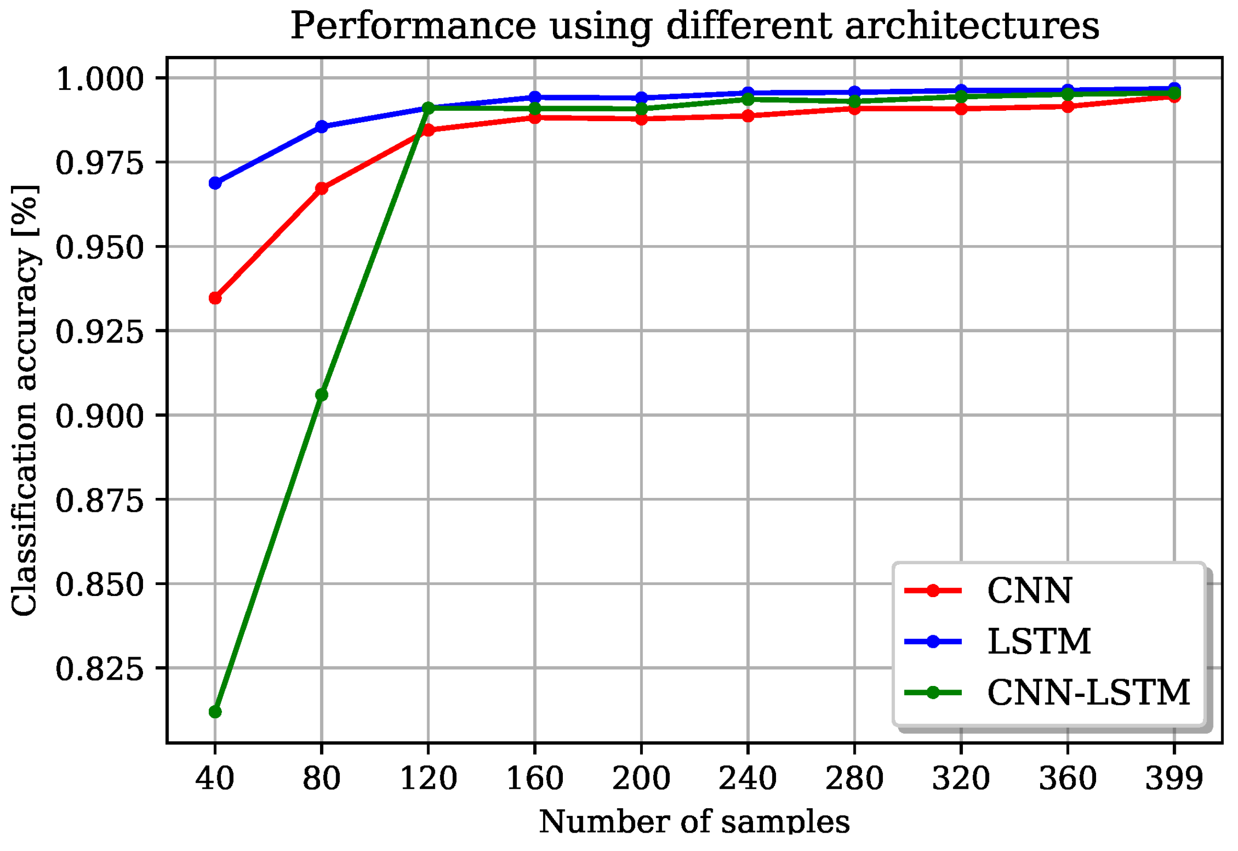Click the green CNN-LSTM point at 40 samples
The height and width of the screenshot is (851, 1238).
pyautogui.click(x=215, y=712)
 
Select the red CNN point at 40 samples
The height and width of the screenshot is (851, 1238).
pyautogui.click(x=215, y=298)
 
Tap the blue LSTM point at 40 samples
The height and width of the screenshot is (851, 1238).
pyautogui.click(x=215, y=183)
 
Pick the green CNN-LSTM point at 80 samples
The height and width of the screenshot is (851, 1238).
pyautogui.click(x=321, y=394)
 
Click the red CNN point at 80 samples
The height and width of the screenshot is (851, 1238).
pyautogui.click(x=321, y=188)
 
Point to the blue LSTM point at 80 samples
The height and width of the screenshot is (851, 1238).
pyautogui.click(x=321, y=126)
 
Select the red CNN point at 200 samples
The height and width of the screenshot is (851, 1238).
pyautogui.click(x=641, y=119)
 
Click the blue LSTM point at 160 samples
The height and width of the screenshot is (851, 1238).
pyautogui.click(x=535, y=97)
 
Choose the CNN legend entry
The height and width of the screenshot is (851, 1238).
pyautogui.click(x=1029, y=591)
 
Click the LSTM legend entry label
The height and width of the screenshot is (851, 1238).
pyautogui.click(x=1039, y=641)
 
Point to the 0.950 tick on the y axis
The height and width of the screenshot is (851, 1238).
pyautogui.click(x=100, y=247)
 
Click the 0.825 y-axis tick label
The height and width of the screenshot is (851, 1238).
pyautogui.click(x=100, y=668)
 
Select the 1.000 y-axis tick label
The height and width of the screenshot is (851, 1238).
pyautogui.click(x=100, y=79)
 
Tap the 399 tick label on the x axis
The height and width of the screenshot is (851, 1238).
pyautogui.click(x=1174, y=778)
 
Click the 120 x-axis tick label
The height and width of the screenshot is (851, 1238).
pyautogui.click(x=428, y=778)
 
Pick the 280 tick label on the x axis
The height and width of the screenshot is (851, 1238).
pyautogui.click(x=854, y=778)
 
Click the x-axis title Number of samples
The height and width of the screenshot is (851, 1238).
pyautogui.click(x=694, y=822)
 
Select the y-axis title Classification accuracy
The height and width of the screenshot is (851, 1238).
pyautogui.click(x=25, y=400)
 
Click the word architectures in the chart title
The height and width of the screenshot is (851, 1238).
pyautogui.click(x=972, y=26)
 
